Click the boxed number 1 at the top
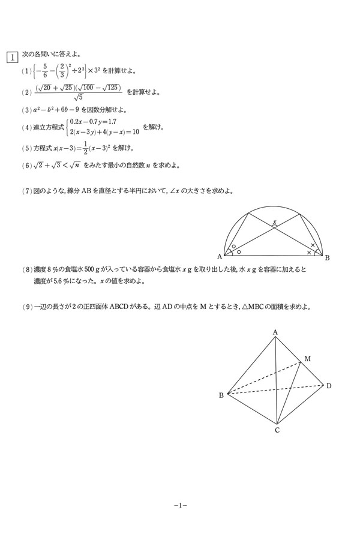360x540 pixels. pyautogui.click(x=11, y=58)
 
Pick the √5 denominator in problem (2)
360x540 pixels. pyautogui.click(x=79, y=98)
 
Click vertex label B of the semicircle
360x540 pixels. pyautogui.click(x=327, y=258)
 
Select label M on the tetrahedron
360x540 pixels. pyautogui.click(x=307, y=359)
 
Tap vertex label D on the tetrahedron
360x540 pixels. pyautogui.click(x=329, y=385)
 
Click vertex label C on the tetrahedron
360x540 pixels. pyautogui.click(x=277, y=430)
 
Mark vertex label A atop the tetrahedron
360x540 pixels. pyautogui.click(x=275, y=332)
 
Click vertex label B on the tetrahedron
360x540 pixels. pyautogui.click(x=221, y=395)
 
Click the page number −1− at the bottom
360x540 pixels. pyautogui.click(x=181, y=506)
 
